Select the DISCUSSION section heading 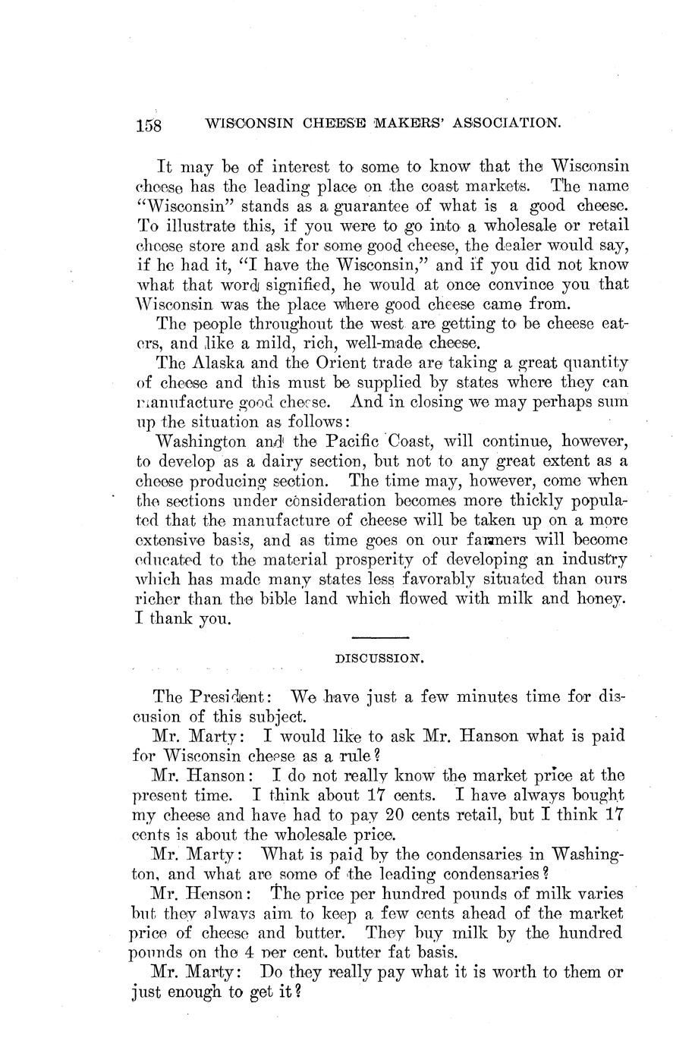(x=379, y=660)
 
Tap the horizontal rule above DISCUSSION (x=380, y=637)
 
